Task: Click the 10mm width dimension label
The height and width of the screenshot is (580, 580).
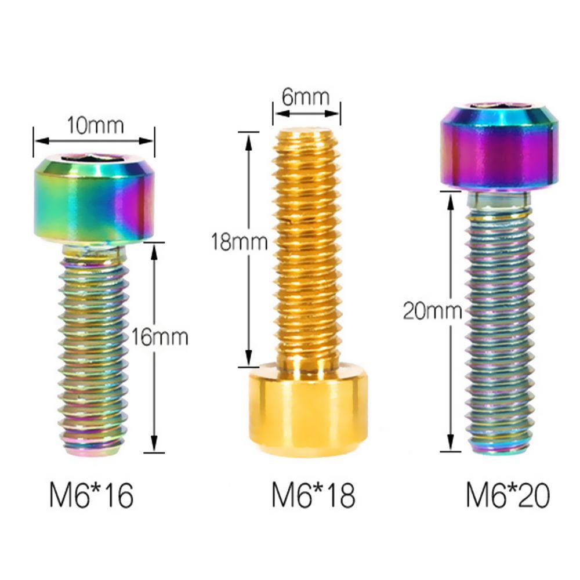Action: (x=95, y=125)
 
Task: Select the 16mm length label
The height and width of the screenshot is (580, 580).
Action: (x=160, y=338)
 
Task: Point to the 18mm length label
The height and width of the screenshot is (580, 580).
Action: (x=240, y=242)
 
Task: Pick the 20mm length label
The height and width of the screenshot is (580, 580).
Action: (x=433, y=311)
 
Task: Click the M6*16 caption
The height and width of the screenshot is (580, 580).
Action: (x=92, y=495)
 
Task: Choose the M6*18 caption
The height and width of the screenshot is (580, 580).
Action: (x=313, y=495)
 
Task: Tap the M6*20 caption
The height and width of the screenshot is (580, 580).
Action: (x=507, y=495)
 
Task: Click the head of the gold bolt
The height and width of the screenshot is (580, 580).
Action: (x=309, y=410)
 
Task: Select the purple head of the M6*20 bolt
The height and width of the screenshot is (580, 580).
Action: (x=499, y=148)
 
